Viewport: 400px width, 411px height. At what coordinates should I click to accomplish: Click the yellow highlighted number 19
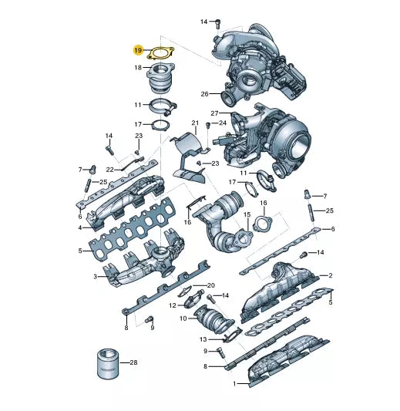pyautogui.click(x=138, y=50)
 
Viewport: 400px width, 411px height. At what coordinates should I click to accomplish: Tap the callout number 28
pyautogui.click(x=133, y=362)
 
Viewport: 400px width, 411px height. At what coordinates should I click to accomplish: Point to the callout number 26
pyautogui.click(x=204, y=93)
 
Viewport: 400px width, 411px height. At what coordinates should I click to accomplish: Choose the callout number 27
pyautogui.click(x=214, y=113)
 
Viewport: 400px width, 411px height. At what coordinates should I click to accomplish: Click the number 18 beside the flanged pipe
pyautogui.click(x=138, y=68)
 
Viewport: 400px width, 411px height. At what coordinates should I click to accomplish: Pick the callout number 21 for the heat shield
pyautogui.click(x=195, y=123)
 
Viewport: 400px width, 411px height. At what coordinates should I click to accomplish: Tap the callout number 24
pyautogui.click(x=223, y=123)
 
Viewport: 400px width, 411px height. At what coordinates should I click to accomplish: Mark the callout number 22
pyautogui.click(x=109, y=170)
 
